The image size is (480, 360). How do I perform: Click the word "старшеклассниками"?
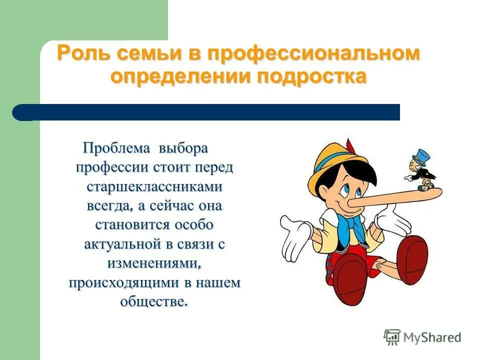(x=154, y=186)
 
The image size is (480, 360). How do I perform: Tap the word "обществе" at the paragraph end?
(x=153, y=301)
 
